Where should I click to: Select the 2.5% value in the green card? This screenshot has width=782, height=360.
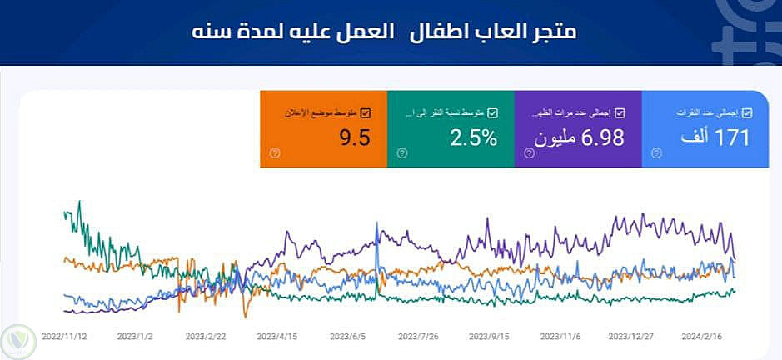pos(473,138)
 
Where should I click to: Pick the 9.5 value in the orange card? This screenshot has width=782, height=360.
pos(354,138)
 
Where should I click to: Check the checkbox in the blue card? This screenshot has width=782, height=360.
pos(746,112)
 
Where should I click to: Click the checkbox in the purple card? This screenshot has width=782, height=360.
pos(619,112)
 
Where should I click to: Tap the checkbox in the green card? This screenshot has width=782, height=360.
pos(492,112)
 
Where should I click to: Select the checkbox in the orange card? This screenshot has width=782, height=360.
pos(366,112)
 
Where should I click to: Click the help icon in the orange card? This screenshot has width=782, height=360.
pos(275,152)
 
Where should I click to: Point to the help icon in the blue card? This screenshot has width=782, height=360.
pos(656,152)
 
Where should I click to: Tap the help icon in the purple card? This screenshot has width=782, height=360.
pos(528,152)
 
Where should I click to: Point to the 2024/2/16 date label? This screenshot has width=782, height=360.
pos(701,338)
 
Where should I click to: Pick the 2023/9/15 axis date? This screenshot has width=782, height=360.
pos(490,338)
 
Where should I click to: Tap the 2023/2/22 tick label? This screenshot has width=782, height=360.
pos(207,338)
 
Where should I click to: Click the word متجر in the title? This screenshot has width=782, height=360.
pos(554,32)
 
